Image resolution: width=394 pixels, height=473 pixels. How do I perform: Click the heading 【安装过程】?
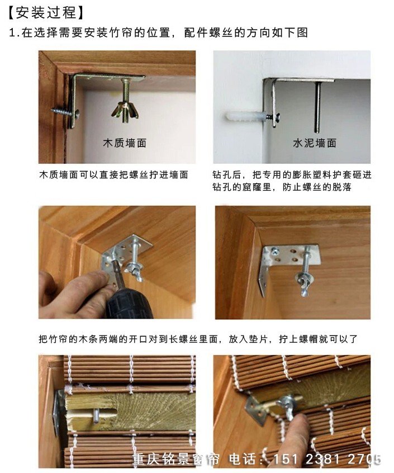pos(46,13)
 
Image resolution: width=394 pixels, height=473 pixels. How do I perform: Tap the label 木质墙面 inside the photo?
pos(125,143)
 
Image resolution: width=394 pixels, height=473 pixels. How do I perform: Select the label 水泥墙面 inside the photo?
pos(315,143)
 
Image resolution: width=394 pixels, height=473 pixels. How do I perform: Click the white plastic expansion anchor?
pos(245,116)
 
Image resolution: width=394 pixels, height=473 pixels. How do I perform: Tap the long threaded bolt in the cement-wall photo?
pos(317,107)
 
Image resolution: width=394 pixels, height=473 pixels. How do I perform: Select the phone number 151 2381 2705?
pos(326,460)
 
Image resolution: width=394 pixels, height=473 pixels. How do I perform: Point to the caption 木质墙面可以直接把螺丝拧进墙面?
pos(113,174)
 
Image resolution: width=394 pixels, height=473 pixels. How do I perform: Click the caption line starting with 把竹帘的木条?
pos(198,339)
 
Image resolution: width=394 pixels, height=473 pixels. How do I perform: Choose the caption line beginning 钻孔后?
pos(292,174)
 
